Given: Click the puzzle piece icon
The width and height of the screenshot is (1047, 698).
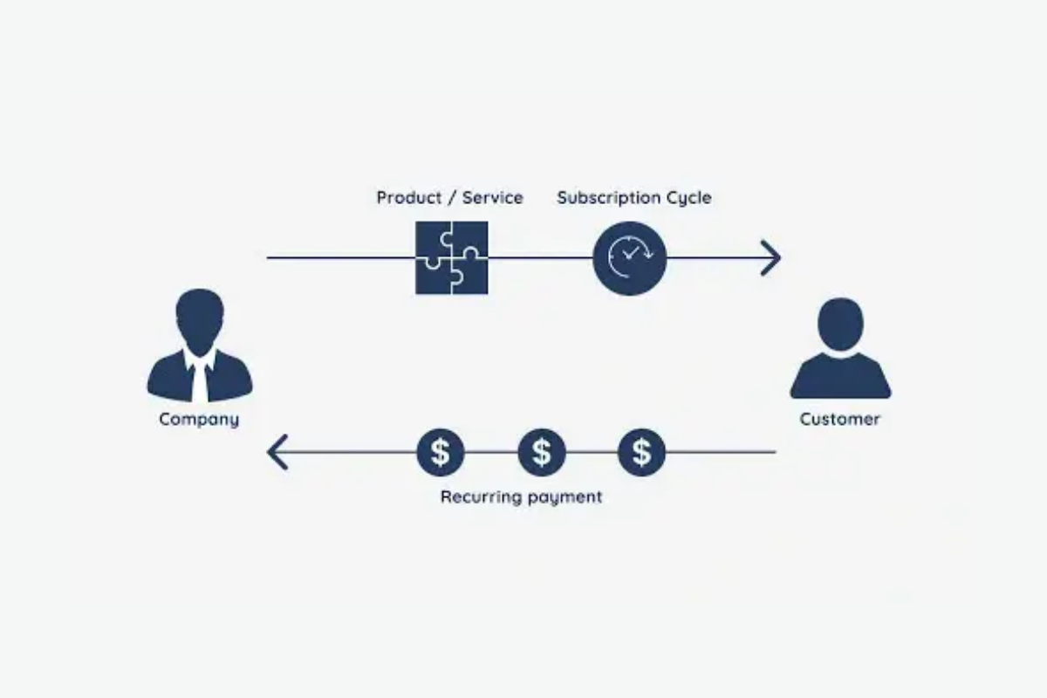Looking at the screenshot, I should click(x=451, y=258).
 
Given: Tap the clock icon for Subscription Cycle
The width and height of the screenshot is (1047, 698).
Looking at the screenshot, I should click(x=629, y=258).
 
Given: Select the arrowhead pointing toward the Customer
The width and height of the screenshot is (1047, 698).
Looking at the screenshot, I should click(x=771, y=258).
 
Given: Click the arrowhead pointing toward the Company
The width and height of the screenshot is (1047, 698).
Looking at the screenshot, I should click(x=277, y=452).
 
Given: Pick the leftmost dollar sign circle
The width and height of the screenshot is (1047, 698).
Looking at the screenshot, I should click(x=441, y=452).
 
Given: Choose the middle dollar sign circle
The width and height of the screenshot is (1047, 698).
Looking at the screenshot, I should click(x=542, y=452).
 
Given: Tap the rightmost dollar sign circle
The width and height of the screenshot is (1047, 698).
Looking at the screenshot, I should click(x=641, y=452).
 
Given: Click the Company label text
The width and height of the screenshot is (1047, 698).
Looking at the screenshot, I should click(x=199, y=420).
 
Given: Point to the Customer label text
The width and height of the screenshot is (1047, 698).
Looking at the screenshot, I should click(x=839, y=420).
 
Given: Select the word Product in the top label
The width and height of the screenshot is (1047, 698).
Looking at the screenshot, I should click(x=409, y=198).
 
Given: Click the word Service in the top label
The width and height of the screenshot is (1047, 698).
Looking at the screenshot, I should click(x=492, y=198).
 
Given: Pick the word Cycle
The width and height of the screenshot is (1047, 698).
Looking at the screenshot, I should click(x=688, y=198).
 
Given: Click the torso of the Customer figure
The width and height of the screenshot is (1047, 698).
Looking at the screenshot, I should click(x=840, y=380).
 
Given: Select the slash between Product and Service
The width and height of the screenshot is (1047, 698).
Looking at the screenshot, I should click(x=451, y=198).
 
